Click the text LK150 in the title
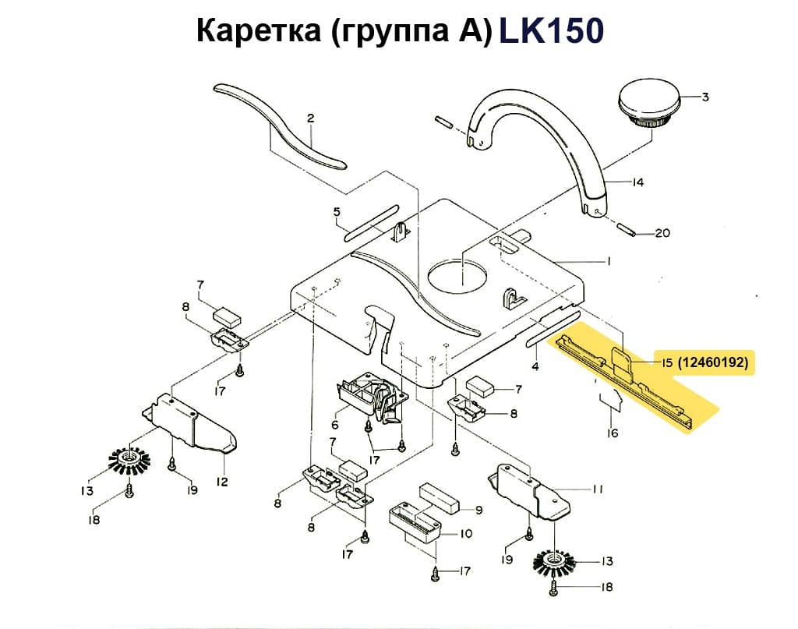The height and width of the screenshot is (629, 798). tap(550, 31)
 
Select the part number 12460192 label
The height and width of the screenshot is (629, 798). tap(712, 362)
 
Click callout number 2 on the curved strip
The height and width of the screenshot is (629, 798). tap(310, 119)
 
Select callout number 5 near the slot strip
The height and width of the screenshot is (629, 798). tap(337, 211)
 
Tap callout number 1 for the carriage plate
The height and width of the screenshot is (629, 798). tap(608, 260)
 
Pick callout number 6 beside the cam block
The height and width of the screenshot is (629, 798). tap(335, 425)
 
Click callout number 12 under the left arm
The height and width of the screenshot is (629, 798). tap(222, 482)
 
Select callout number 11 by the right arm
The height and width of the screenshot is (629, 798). tap(597, 489)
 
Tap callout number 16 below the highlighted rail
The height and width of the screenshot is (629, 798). tap(613, 433)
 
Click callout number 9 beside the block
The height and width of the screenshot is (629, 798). tap(479, 510)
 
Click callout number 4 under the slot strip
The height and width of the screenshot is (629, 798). tap(535, 366)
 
